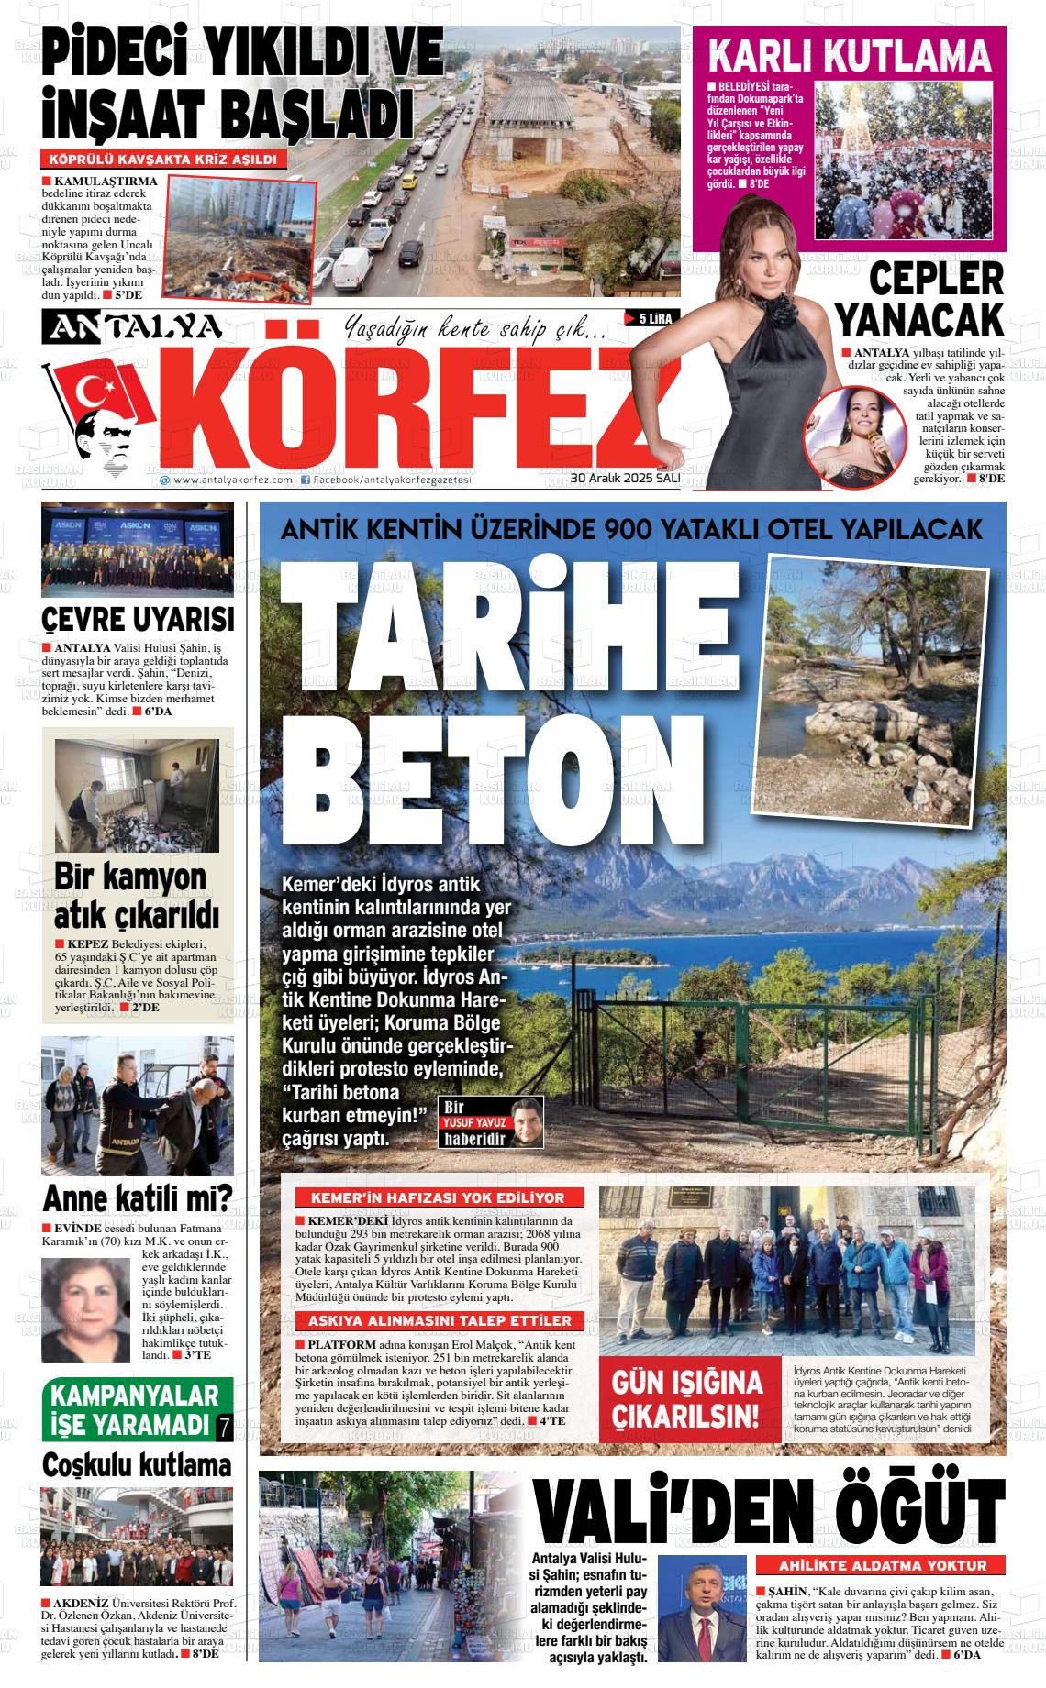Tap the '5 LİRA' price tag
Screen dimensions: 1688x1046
(650, 318)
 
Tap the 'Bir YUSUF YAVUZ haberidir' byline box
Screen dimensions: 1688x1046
(491, 1121)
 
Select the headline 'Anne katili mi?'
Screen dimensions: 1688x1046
(138, 1197)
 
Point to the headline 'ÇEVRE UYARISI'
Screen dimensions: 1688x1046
(138, 619)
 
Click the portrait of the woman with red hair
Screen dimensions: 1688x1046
(85, 1310)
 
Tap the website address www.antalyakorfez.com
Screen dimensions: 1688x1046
(227, 480)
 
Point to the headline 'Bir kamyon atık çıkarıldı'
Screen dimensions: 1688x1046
(136, 895)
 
